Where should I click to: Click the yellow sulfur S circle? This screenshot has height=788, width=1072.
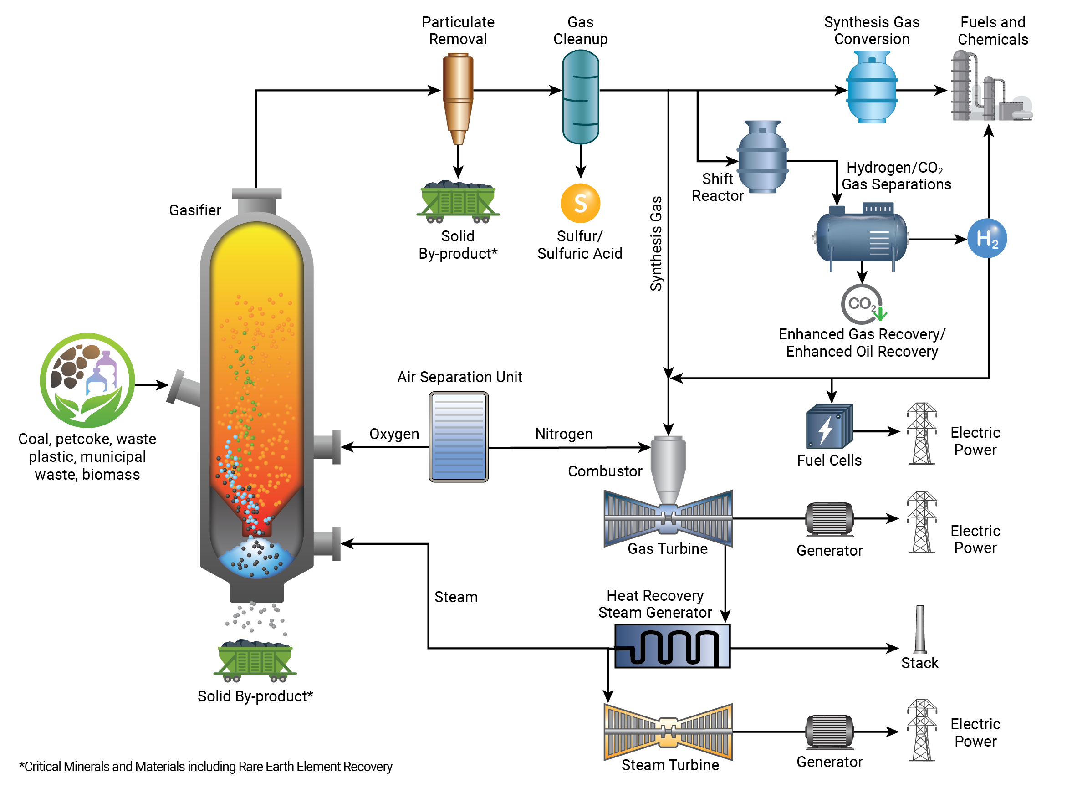(x=580, y=203)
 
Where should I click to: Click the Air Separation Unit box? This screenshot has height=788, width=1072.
(x=458, y=436)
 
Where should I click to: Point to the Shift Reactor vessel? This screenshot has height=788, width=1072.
(x=762, y=156)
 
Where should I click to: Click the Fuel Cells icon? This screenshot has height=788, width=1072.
(x=829, y=426)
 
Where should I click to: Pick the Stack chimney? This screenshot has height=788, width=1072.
(x=919, y=629)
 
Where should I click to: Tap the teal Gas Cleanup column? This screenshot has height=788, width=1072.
(x=580, y=97)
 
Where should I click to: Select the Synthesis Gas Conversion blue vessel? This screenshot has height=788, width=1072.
(x=872, y=87)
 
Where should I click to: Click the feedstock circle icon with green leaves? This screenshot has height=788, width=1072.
(x=87, y=380)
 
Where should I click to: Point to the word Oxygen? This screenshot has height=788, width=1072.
(x=394, y=434)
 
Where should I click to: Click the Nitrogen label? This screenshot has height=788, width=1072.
(x=564, y=434)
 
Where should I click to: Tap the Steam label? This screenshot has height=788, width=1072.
(x=455, y=597)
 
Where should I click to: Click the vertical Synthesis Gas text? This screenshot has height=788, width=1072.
(x=656, y=243)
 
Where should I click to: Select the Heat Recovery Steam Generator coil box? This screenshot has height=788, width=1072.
(x=672, y=646)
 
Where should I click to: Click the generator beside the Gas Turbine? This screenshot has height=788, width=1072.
(x=829, y=519)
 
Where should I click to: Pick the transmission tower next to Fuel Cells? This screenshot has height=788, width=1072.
(x=921, y=433)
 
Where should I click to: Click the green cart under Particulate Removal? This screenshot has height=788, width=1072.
(x=458, y=202)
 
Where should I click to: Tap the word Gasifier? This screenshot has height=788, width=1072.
(x=194, y=210)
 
